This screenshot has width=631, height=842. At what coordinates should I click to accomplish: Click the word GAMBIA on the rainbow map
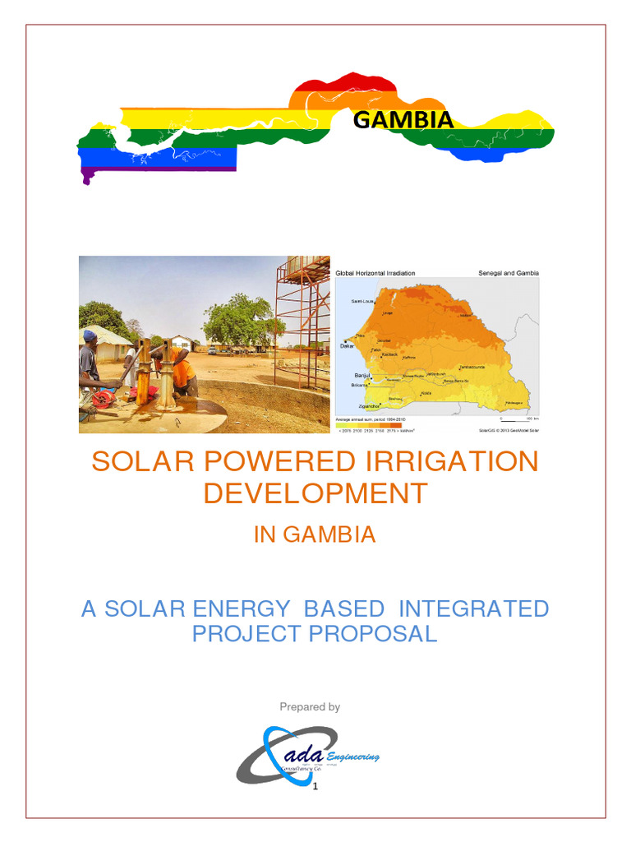[x=403, y=120]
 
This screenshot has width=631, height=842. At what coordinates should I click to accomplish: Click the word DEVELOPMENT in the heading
[x=315, y=493]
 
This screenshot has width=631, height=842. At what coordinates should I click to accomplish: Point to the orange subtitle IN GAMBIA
[x=315, y=534]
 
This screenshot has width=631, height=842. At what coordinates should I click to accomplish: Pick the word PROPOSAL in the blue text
[x=373, y=634]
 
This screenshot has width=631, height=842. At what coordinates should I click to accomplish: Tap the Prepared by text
[x=310, y=707]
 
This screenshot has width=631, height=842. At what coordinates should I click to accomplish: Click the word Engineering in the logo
[x=352, y=756]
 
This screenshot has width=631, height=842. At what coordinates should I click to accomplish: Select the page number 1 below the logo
[x=315, y=787]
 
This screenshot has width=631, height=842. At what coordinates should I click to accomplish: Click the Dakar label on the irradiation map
[x=348, y=346]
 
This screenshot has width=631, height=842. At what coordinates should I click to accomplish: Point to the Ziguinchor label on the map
[x=369, y=405]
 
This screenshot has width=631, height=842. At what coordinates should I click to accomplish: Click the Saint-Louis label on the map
[x=362, y=302]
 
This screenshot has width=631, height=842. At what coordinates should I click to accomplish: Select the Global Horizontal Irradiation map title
[x=375, y=273]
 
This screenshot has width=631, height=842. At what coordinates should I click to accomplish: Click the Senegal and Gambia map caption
[x=508, y=273]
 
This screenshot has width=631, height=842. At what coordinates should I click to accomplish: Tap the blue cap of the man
[x=89, y=335]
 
